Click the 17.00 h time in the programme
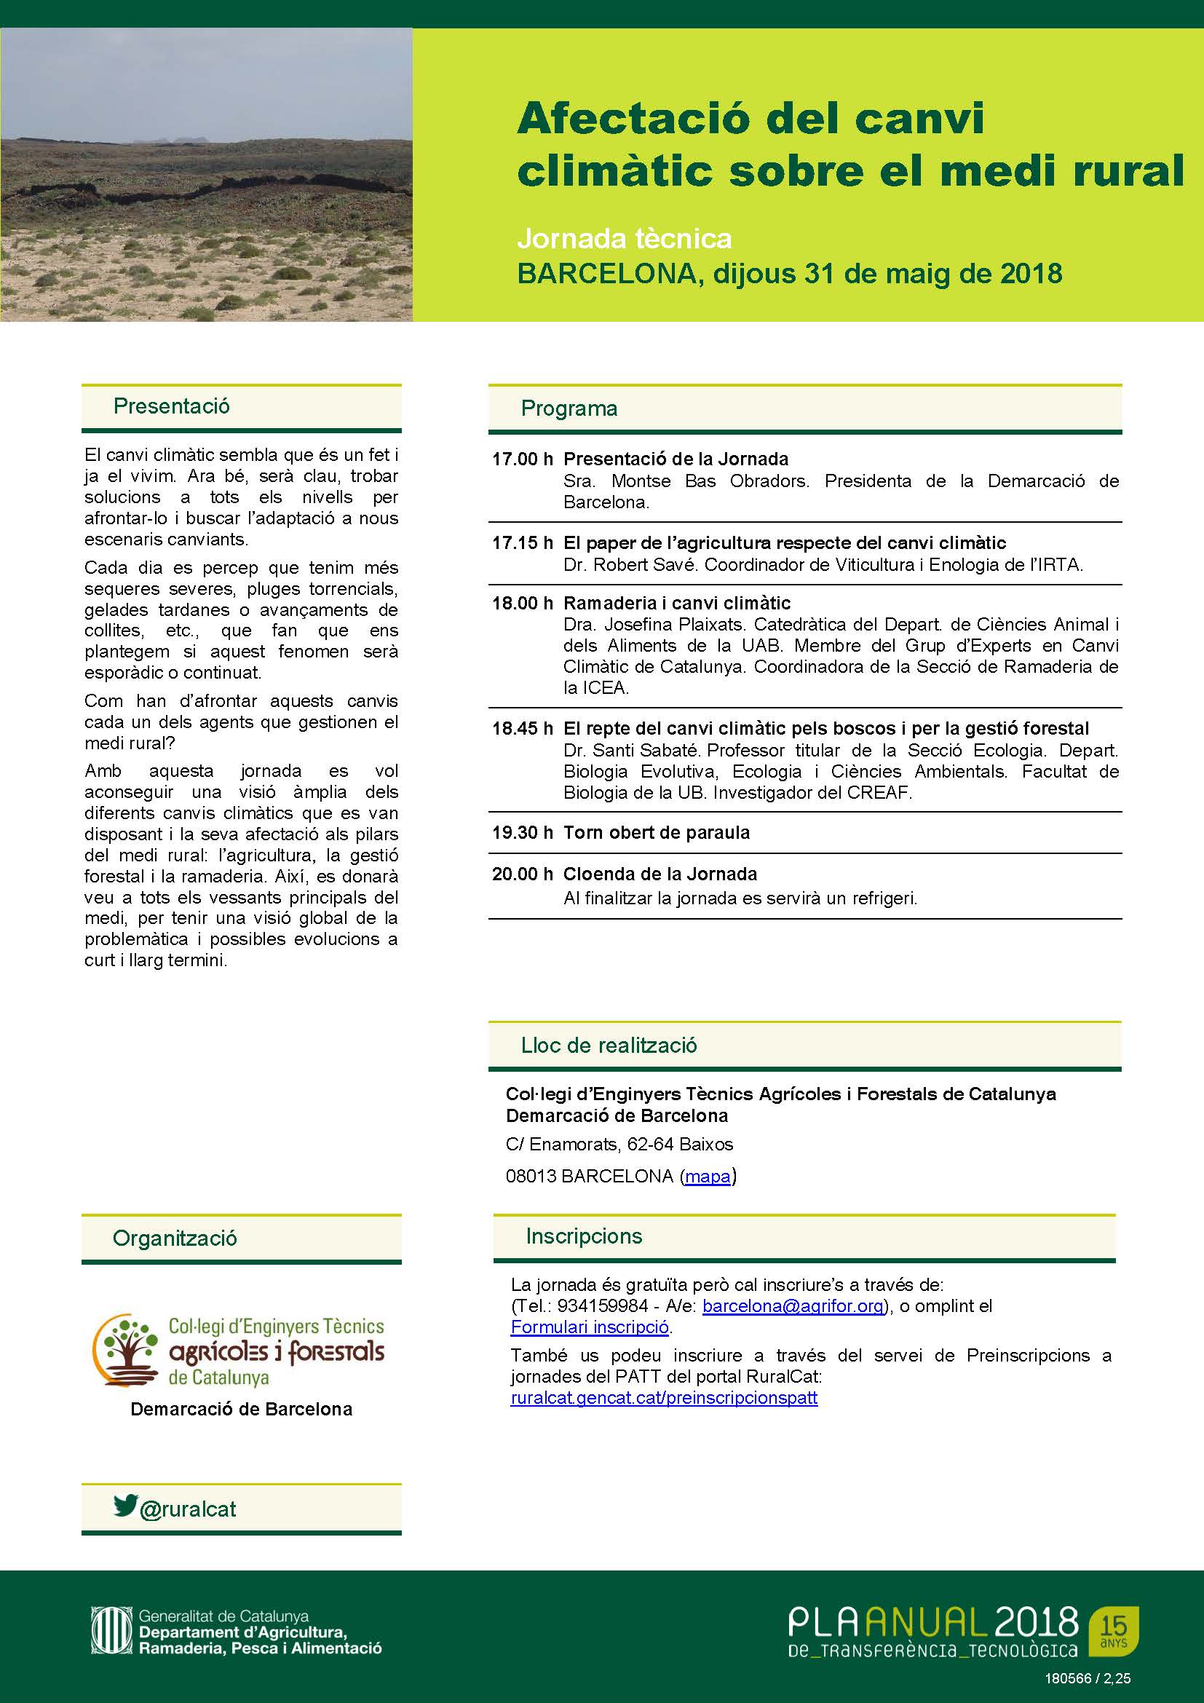point(522,459)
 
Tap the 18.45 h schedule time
point(522,728)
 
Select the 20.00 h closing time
point(522,874)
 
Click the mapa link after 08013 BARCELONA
point(708,1177)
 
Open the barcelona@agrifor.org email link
point(793,1306)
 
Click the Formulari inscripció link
point(590,1327)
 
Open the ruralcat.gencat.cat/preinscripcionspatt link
point(664,1398)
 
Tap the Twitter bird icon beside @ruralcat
point(125,1506)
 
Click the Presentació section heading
point(171,406)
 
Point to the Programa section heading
point(569,408)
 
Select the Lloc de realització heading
point(609,1046)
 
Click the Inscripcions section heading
point(584,1236)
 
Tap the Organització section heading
point(174,1238)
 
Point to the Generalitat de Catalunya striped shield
point(111,1631)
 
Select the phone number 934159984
point(601,1306)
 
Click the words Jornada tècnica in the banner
point(625,239)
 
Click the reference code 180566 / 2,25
point(1088,1679)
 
